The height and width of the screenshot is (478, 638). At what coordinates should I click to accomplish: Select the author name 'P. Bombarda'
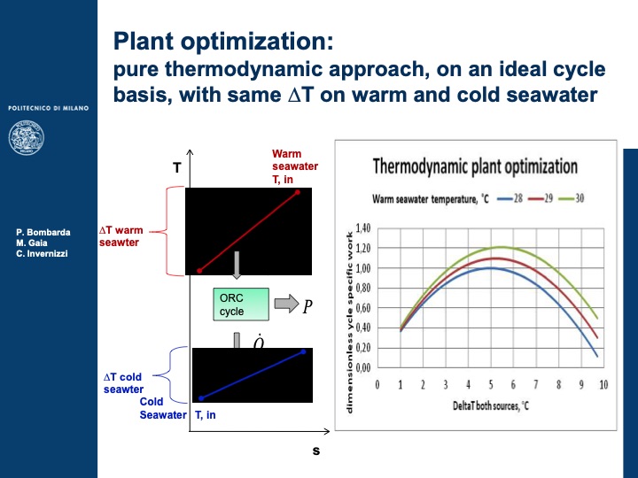click(43, 232)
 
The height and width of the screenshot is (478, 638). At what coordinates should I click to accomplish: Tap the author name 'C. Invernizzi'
click(43, 254)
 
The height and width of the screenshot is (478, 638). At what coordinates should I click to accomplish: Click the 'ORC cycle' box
click(241, 305)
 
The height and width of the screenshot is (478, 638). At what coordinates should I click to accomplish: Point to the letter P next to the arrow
click(307, 307)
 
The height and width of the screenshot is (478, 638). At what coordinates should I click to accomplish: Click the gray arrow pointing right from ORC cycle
click(286, 305)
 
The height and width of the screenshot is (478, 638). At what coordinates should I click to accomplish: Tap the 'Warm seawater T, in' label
click(294, 166)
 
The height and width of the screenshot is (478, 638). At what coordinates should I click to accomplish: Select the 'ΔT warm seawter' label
click(121, 236)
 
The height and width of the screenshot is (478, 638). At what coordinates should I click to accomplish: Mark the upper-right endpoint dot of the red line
click(298, 191)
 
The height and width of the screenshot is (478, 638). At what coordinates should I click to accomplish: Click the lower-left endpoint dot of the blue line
click(201, 398)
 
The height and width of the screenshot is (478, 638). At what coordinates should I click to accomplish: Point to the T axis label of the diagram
click(177, 167)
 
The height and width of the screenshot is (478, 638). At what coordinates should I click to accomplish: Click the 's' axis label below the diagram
click(315, 451)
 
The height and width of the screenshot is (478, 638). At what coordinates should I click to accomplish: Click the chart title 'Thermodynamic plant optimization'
click(474, 166)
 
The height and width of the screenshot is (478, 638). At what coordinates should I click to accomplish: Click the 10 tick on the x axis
click(603, 384)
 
